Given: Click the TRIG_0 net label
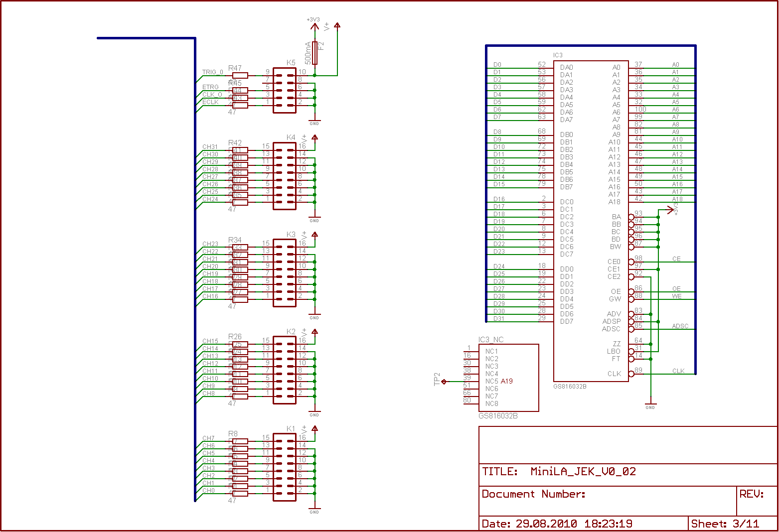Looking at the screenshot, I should coord(213,72).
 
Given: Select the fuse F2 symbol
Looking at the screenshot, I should coord(314,53).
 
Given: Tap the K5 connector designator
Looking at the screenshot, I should coord(291,63).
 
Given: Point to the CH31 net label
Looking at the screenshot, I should coord(210,147).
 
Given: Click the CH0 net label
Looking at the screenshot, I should coord(209,491).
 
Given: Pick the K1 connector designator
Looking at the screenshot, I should coord(291,429).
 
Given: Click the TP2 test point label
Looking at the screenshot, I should coord(438,379).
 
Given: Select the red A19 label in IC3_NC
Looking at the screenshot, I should coord(507,381).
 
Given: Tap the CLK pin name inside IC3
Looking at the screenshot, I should coord(615,374).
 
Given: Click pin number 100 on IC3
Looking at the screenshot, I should coord(640,109).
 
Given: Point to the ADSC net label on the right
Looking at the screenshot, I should coord(680,326).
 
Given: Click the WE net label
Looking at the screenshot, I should coord(677,296).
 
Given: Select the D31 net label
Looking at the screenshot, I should coord(499,319).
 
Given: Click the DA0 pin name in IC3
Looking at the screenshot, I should coord(567,67).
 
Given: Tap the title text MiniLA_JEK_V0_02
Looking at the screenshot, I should coord(583,471).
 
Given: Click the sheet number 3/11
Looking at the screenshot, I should coord(746,524).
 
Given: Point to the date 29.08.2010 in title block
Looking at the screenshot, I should coord(546,524).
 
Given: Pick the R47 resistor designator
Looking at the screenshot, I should coord(235,68).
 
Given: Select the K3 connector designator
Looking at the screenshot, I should coord(291,235).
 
